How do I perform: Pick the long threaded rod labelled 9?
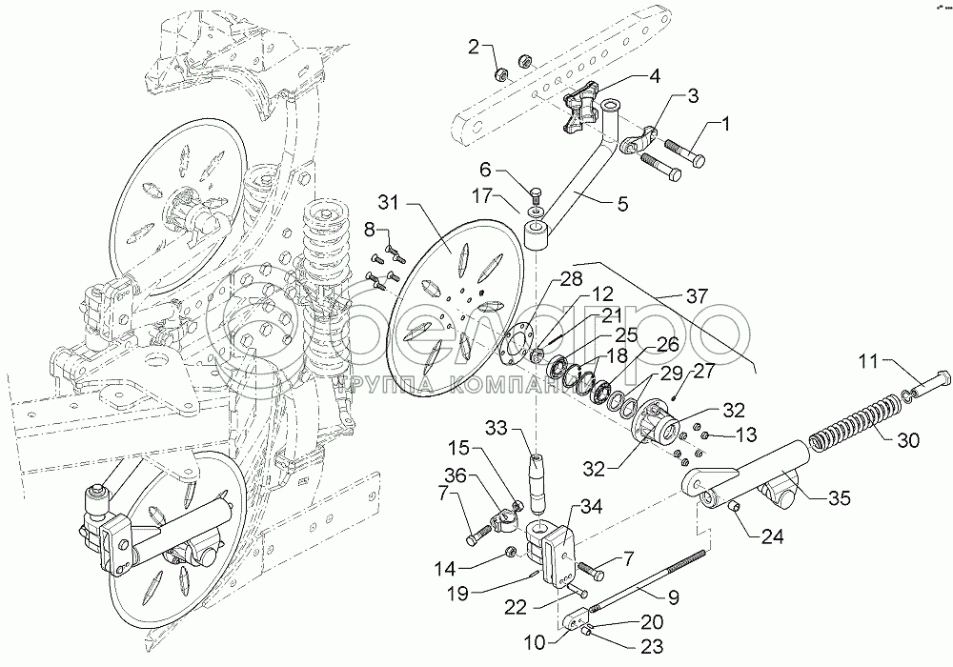(647, 584)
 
